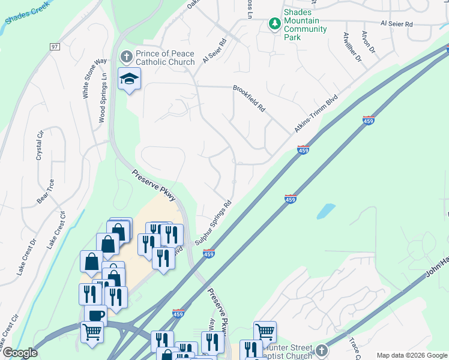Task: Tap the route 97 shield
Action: [55, 47]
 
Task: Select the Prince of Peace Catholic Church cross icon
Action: [126, 57]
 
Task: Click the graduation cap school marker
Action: [129, 79]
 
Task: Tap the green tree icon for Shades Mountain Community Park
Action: [274, 23]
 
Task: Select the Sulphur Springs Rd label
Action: [213, 223]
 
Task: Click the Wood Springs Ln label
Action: [103, 99]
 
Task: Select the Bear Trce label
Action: [44, 191]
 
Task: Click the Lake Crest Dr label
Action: [27, 252]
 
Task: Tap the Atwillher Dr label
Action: [352, 47]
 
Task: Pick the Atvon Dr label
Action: [368, 41]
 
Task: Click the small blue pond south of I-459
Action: [325, 211]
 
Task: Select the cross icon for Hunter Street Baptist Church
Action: [322, 350]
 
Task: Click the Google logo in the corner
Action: [19, 353]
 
